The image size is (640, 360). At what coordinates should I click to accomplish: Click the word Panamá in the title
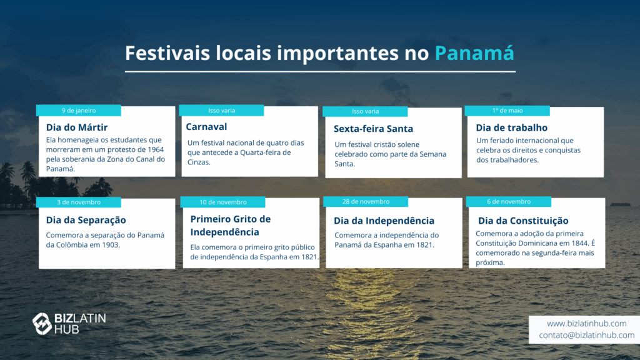click(x=474, y=53)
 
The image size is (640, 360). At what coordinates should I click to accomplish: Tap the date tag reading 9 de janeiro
click(x=79, y=111)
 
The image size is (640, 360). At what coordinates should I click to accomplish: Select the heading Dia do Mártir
click(x=77, y=127)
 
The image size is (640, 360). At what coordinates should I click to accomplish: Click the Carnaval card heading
click(x=206, y=127)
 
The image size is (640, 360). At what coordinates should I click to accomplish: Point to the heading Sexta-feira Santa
click(x=374, y=129)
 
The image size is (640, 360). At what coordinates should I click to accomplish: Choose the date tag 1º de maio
click(x=507, y=111)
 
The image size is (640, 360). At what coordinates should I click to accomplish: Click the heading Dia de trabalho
click(x=512, y=127)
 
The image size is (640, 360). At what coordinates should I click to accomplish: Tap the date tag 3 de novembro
click(x=79, y=202)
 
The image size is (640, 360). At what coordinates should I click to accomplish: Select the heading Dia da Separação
click(x=86, y=220)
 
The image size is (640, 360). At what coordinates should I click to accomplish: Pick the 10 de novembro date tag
click(x=223, y=202)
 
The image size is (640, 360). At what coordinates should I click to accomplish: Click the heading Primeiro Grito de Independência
click(x=231, y=225)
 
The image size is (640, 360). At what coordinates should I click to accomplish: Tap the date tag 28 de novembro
click(x=366, y=202)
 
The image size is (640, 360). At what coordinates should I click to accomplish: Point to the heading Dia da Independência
click(x=384, y=221)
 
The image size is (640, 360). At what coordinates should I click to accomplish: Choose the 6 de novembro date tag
click(x=509, y=202)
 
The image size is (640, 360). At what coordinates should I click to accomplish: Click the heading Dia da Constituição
click(x=523, y=221)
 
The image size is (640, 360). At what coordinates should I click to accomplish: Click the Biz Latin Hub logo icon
click(x=42, y=324)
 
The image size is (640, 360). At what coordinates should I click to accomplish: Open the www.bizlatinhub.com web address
click(x=586, y=324)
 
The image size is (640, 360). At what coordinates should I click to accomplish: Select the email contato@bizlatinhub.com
click(x=586, y=335)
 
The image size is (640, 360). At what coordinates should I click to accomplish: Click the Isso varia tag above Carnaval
click(x=222, y=111)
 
